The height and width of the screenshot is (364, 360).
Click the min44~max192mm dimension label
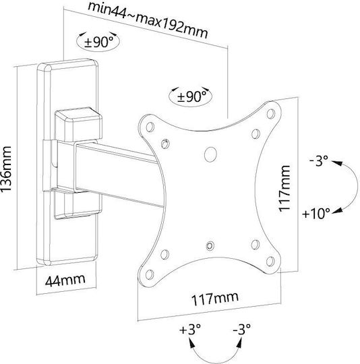pos(148,20)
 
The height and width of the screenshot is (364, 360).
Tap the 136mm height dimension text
pos(6,169)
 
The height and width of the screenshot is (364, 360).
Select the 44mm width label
pos(65,280)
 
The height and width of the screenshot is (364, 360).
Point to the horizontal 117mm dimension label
pos(215,299)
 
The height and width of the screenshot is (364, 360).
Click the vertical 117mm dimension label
pos(284,188)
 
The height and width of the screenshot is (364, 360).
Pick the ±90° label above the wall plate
pos(98,42)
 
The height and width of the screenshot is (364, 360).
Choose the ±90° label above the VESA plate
pos(191,96)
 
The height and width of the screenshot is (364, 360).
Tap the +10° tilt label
pos(316,213)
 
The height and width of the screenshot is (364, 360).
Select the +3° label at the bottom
pos(189,329)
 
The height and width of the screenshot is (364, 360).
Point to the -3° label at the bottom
pos(241,329)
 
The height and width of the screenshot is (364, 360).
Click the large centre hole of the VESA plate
pos(210,154)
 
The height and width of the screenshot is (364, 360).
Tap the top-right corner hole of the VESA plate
pos(270,114)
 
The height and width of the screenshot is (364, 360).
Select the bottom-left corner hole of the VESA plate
pos(149,274)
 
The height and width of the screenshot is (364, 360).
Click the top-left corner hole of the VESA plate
pos(150,127)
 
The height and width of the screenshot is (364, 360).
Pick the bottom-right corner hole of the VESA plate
pos(270,262)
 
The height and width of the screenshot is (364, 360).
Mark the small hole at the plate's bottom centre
pos(210,245)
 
